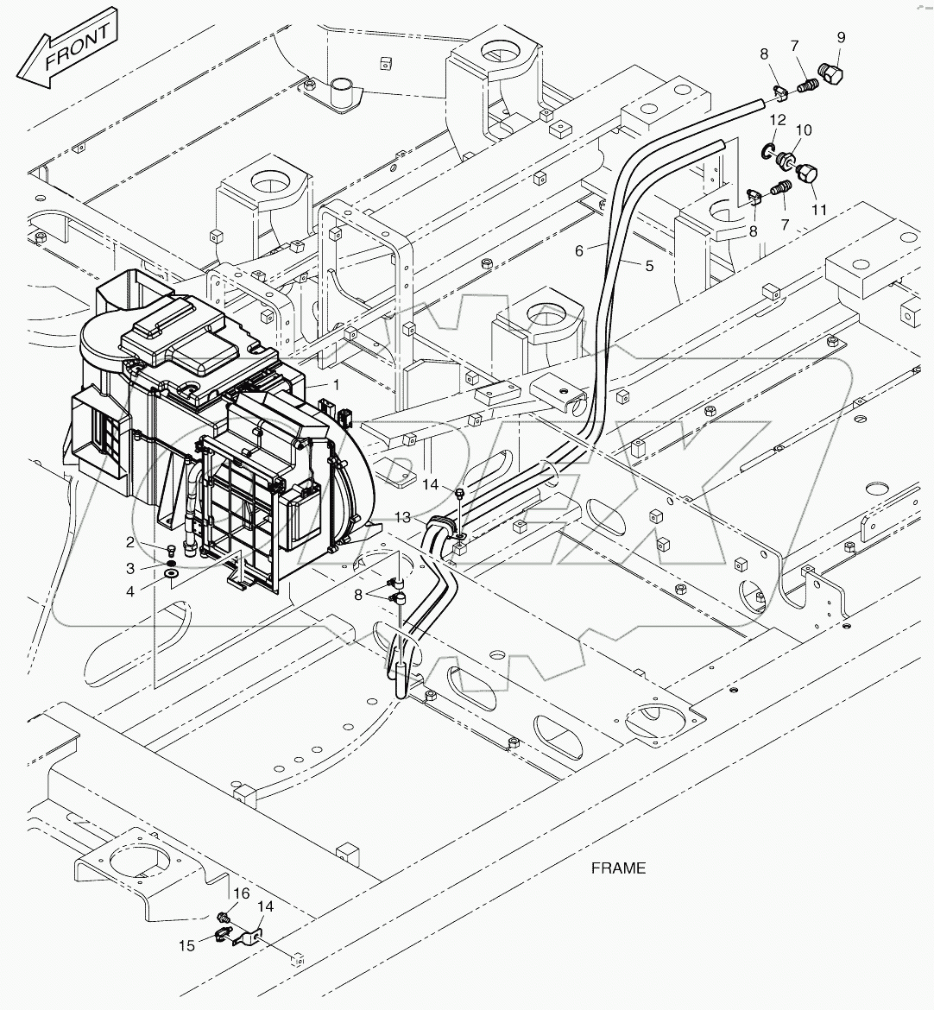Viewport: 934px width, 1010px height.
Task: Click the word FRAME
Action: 618,868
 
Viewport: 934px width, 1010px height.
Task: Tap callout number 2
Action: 130,542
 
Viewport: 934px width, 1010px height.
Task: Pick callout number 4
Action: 130,591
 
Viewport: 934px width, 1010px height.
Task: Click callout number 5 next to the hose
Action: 648,266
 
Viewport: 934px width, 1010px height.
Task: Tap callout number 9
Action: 841,37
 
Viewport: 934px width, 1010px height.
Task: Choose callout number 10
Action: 803,129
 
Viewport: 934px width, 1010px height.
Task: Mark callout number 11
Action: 818,210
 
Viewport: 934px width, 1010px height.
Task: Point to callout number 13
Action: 403,516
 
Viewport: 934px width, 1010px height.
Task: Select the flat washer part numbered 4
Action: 171,572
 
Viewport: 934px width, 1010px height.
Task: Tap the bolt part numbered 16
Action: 224,917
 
